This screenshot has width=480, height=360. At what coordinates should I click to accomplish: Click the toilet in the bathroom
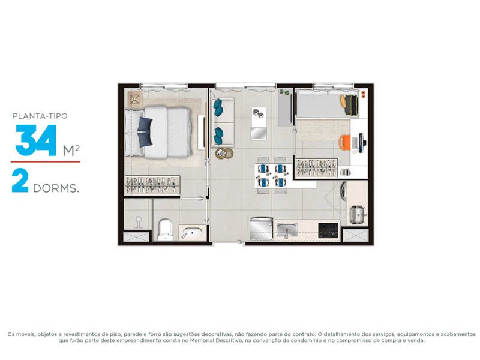[x=166, y=230]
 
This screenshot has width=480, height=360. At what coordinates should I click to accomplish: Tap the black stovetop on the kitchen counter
[x=328, y=230]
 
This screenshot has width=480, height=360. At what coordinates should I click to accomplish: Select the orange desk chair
[x=344, y=142]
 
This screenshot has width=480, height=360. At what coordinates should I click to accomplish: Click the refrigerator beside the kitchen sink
[x=261, y=229]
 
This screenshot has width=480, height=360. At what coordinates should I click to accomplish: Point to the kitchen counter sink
[x=287, y=230]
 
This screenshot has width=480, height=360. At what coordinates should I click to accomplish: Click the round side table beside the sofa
[x=224, y=153]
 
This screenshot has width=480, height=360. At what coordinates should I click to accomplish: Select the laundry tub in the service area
[x=357, y=214]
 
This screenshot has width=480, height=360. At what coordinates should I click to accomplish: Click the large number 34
[x=36, y=140]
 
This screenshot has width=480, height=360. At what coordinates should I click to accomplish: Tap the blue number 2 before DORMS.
[x=20, y=181]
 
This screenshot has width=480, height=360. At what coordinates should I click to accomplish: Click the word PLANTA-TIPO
[x=40, y=116]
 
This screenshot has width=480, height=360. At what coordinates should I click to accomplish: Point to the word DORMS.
[x=56, y=188]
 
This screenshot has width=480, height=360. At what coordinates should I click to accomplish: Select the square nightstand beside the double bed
[x=135, y=99]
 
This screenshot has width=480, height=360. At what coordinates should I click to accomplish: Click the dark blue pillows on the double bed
[x=145, y=132]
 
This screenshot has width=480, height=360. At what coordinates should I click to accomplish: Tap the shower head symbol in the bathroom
[x=139, y=222]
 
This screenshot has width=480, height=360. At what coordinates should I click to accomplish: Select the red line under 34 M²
[x=46, y=161]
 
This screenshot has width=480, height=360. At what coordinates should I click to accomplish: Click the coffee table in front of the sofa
[x=259, y=124]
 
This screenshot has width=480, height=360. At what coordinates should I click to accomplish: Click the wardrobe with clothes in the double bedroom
[x=152, y=185]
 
